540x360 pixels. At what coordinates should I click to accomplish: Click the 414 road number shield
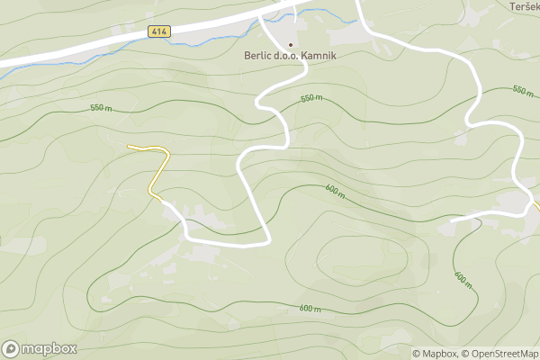(159, 31)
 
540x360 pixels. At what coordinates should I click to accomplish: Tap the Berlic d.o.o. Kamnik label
(290, 56)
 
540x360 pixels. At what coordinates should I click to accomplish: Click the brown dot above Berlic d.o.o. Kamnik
(290, 43)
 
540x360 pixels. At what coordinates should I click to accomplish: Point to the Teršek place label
(524, 6)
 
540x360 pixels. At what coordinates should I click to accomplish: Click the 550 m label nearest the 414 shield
(101, 108)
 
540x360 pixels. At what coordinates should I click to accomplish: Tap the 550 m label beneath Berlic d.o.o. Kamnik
(311, 97)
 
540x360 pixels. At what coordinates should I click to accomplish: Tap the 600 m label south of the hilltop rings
(310, 309)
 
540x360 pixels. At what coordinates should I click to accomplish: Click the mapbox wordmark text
(49, 349)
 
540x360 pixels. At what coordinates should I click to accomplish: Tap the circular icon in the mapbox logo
(11, 349)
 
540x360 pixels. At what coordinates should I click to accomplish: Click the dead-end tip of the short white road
(452, 220)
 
